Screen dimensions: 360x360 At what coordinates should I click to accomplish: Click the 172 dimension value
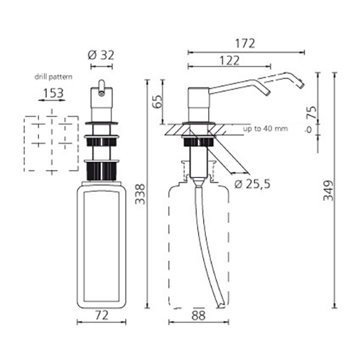click(x=245, y=44)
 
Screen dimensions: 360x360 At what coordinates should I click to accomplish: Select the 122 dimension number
click(x=230, y=60)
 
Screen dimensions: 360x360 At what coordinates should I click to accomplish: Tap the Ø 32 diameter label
click(x=101, y=55)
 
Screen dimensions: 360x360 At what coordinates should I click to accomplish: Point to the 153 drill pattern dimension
click(x=53, y=93)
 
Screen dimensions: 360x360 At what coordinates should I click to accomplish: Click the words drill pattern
click(x=53, y=77)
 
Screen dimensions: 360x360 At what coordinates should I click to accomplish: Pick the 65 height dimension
click(x=158, y=102)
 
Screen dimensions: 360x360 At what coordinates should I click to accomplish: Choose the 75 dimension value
click(x=312, y=112)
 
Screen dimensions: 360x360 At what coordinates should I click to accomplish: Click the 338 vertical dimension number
click(x=140, y=194)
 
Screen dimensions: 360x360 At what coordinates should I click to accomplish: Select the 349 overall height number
click(x=328, y=190)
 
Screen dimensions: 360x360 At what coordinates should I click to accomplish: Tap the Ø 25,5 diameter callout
click(x=252, y=184)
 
